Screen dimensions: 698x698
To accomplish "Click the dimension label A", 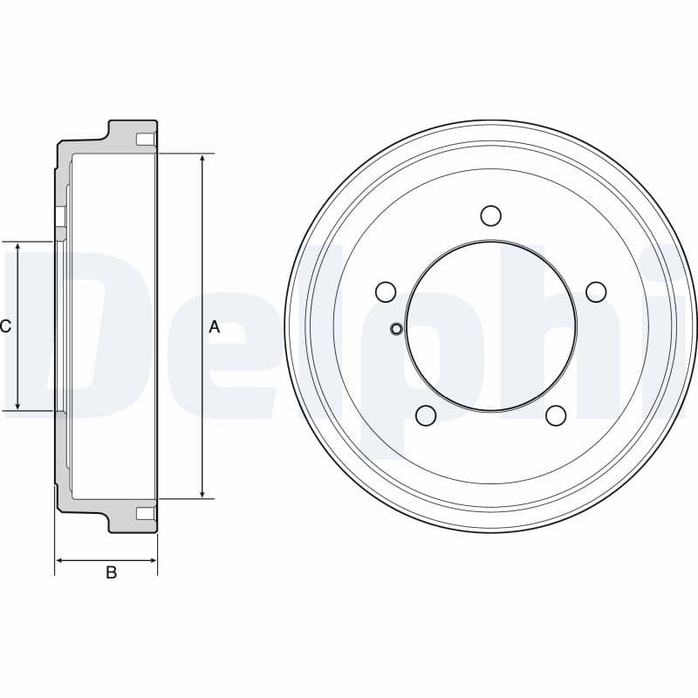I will (x=215, y=327).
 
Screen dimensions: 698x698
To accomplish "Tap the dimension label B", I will (x=111, y=573).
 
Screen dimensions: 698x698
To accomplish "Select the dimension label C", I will (x=6, y=327).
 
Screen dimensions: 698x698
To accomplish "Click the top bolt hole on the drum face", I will (x=490, y=215).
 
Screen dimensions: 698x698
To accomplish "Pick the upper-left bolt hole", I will (x=385, y=291).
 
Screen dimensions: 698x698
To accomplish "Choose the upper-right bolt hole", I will (x=596, y=291).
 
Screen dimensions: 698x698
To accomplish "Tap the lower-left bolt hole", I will (x=426, y=415).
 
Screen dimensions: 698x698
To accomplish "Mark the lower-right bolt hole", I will (x=556, y=415).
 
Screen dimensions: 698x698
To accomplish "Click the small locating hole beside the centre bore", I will (x=396, y=328).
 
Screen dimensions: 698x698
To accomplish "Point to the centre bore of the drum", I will (x=490, y=325).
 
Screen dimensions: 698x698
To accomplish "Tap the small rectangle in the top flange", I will (x=146, y=140).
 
